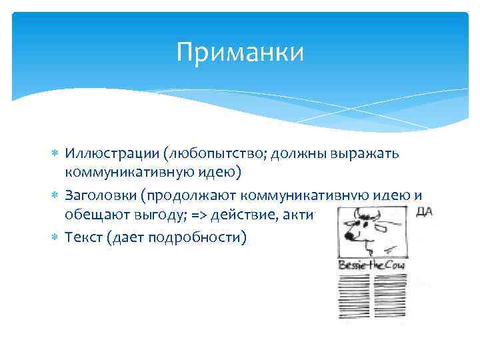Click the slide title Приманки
tap(240, 52)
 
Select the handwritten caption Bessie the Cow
tap(373, 265)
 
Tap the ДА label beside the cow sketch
tap(425, 211)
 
